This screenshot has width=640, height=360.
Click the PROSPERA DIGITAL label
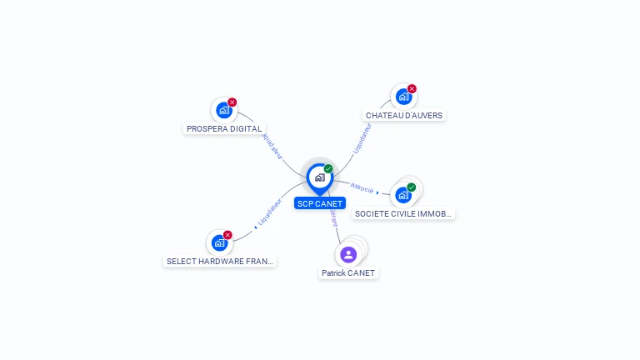click(224, 129)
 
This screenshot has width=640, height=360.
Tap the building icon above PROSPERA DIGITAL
click(222, 110)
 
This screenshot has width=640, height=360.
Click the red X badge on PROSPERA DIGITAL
click(232, 102)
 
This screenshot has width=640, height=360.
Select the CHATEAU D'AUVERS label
click(404, 115)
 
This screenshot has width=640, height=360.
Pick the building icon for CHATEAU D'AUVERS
click(402, 97)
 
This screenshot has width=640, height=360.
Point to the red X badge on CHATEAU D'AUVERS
click(412, 89)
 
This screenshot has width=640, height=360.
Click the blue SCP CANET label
click(319, 203)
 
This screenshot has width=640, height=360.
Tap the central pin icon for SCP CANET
click(319, 177)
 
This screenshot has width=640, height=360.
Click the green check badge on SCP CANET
click(328, 169)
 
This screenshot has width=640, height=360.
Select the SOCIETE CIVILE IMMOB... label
click(404, 213)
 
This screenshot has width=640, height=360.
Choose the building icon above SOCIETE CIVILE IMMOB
click(403, 195)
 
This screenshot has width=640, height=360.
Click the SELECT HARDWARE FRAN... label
click(220, 261)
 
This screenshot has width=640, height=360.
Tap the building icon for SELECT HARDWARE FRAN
click(219, 242)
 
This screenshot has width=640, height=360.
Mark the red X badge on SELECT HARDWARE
click(227, 235)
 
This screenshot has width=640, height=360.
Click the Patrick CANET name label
click(349, 272)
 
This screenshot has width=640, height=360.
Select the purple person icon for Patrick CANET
click(348, 254)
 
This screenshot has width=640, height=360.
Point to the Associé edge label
click(362, 188)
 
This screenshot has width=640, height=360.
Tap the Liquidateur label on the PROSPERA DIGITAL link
click(272, 145)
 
